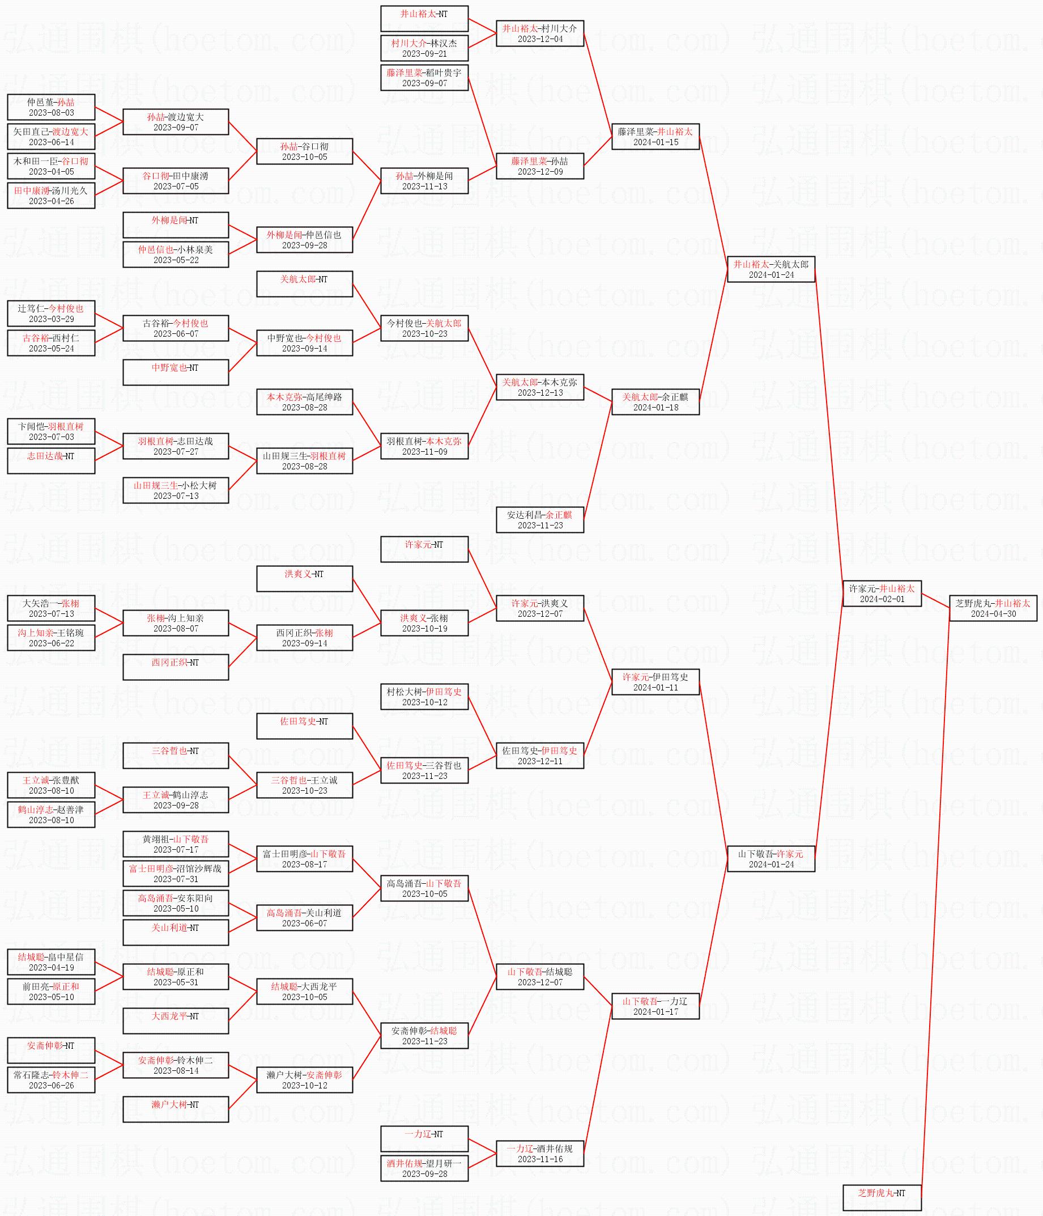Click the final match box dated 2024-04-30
[993, 608]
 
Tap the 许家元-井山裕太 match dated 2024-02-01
[882, 594]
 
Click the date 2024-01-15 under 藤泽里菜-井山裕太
[655, 142]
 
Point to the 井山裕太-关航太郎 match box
[771, 269]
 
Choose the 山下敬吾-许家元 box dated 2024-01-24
[771, 859]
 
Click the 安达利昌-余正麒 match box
[540, 519]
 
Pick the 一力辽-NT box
[424, 1138]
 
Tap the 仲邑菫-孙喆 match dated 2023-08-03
[51, 107]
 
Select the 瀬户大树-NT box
[176, 1109]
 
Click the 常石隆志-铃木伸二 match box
[51, 1080]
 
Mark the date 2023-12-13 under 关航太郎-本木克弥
[540, 393]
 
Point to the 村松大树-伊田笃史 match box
[424, 697]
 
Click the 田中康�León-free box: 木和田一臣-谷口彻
[51, 166]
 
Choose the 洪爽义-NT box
[304, 579]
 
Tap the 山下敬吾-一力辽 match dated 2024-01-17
[655, 1006]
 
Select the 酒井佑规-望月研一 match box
[424, 1168]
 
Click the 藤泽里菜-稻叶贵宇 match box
[424, 78]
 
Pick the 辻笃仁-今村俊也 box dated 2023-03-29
[51, 313]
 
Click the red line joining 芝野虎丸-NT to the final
[936, 904]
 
